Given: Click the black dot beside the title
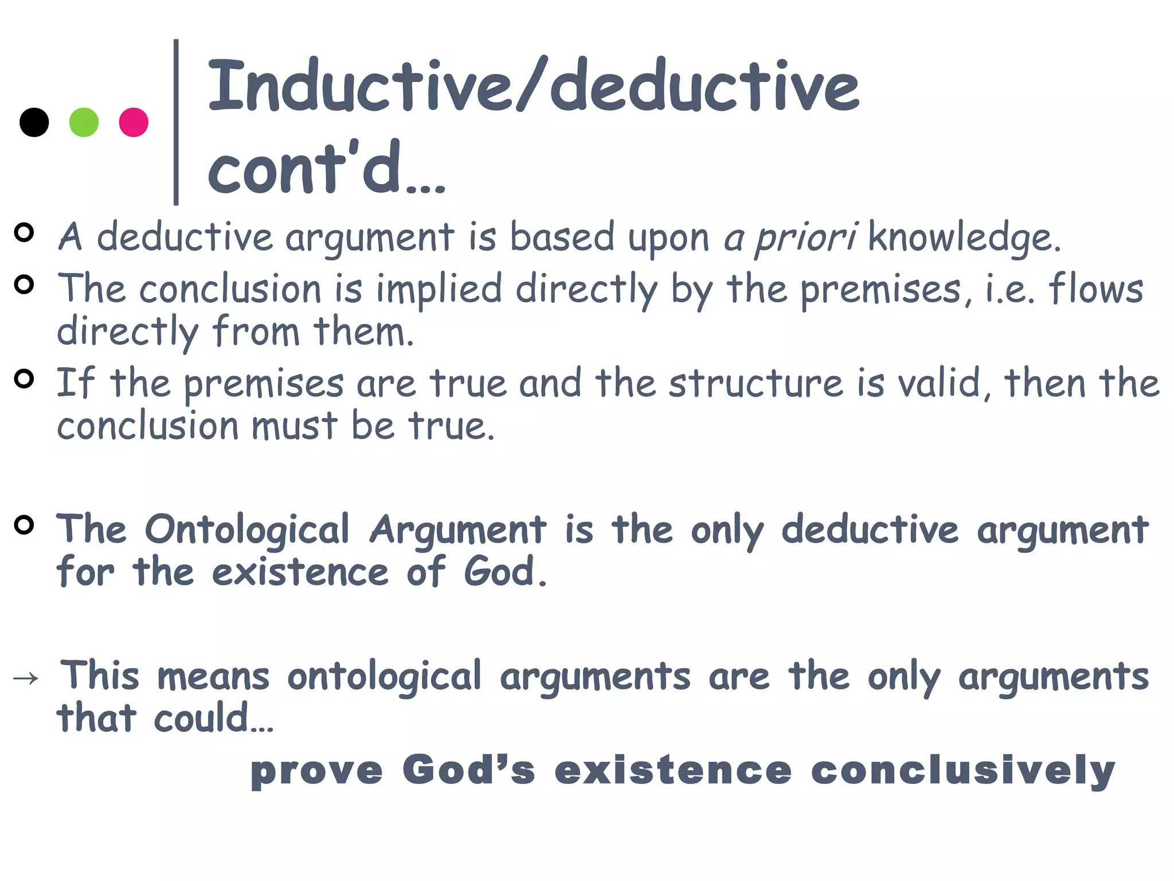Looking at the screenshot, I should pos(34,122).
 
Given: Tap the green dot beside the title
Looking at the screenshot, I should pos(84,122).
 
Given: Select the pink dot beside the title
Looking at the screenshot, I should pos(134,122).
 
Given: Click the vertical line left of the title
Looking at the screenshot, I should pos(176,122).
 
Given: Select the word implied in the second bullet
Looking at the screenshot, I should pos(439,289).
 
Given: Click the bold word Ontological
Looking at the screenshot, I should pos(247,529).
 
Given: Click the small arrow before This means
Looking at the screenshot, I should pos(26,679).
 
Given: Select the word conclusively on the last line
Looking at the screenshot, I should pos(963,770).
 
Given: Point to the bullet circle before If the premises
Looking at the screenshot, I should pos(24,379).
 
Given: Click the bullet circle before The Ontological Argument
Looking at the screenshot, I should pos(24,525).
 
